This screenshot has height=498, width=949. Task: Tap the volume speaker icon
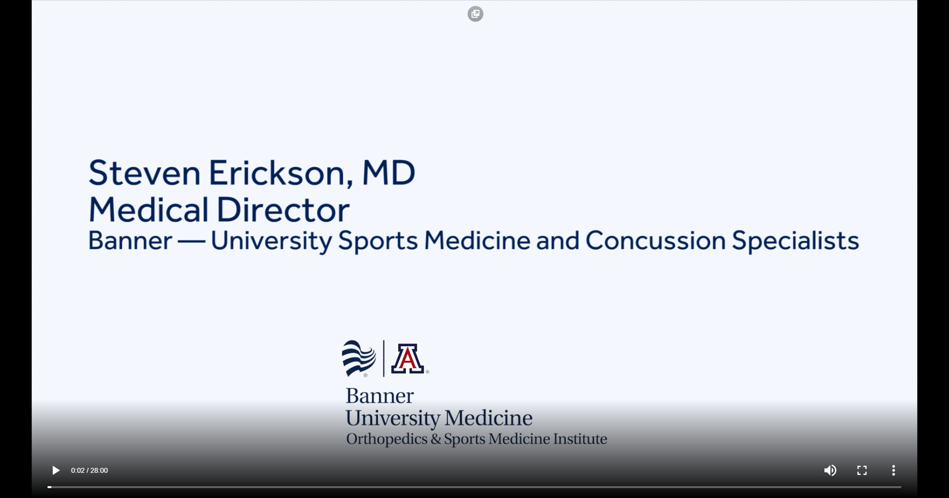[830, 470]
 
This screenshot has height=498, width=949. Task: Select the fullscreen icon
[862, 470]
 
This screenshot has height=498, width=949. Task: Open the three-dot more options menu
[894, 470]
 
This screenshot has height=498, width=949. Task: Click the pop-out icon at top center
[475, 14]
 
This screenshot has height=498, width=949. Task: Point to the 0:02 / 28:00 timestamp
[89, 470]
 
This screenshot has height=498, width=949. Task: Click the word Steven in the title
[144, 173]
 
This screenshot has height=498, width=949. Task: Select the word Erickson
[281, 173]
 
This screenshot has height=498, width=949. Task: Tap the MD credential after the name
[389, 173]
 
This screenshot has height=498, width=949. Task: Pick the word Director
[284, 209]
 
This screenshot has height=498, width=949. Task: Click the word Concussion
[655, 241]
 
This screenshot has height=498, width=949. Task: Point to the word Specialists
[796, 241]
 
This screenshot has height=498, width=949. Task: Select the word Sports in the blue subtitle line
[378, 241]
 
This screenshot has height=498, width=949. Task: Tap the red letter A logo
[408, 359]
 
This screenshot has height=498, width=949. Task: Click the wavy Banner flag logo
[359, 358]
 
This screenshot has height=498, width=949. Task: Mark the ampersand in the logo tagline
[436, 439]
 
